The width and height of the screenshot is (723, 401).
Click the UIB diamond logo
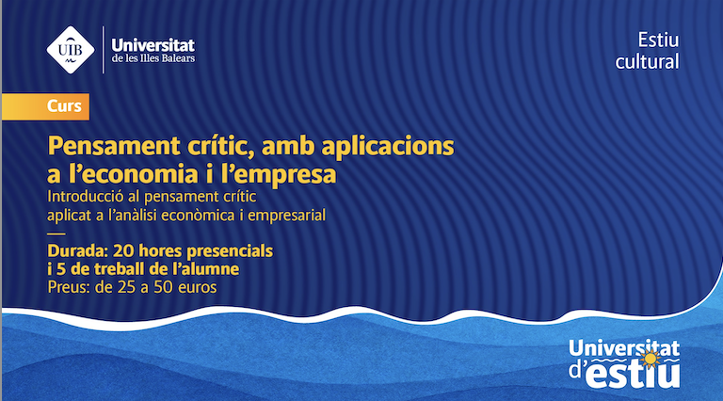click(71, 50)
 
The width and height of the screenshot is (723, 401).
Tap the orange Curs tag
click(45, 106)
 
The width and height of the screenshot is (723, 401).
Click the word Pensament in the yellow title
click(114, 147)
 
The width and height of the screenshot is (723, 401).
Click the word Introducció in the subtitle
click(86, 197)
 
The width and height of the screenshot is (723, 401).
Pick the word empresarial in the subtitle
click(287, 216)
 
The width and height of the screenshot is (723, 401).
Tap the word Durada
click(77, 251)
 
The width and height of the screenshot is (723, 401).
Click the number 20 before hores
click(123, 251)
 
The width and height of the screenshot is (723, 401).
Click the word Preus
click(69, 287)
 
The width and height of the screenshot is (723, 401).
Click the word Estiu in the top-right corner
click(658, 40)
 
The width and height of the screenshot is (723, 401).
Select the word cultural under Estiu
click(647, 62)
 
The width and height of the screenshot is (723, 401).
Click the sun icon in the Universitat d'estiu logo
click(651, 358)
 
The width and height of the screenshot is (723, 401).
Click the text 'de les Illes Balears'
click(153, 58)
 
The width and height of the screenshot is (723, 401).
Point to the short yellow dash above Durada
click(56, 233)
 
